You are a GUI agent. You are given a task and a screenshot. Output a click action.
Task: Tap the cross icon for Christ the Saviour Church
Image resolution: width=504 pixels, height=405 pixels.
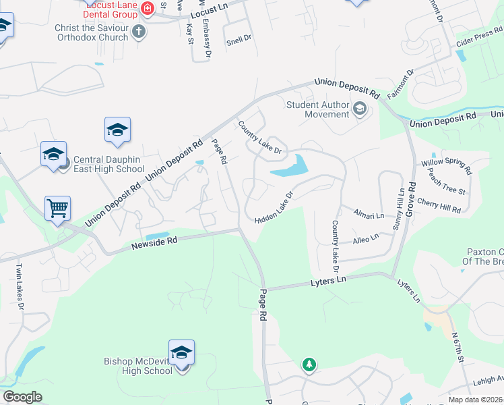(139, 30)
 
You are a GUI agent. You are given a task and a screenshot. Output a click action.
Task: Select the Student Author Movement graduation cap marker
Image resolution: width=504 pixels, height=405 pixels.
(359, 109)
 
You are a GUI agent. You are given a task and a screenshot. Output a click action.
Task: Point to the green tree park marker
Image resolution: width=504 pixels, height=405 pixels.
(309, 364)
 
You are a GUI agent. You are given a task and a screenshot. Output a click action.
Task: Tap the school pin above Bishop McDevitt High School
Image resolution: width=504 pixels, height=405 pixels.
(181, 352)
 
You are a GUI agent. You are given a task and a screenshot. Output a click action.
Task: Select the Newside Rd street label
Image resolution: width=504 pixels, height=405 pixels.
(154, 244)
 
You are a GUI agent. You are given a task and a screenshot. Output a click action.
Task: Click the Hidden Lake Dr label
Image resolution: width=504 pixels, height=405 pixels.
(275, 207)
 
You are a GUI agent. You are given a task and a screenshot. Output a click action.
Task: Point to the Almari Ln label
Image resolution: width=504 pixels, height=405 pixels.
(369, 214)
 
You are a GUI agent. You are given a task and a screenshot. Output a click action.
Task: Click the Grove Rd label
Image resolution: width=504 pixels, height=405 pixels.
(410, 202)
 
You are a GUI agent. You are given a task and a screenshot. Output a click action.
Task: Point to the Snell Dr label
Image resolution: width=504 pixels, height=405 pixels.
(239, 39)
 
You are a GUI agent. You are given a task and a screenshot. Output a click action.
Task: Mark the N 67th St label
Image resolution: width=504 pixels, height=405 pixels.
(459, 350)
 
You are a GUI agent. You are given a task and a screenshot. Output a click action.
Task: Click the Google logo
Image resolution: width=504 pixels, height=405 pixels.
(23, 397)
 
